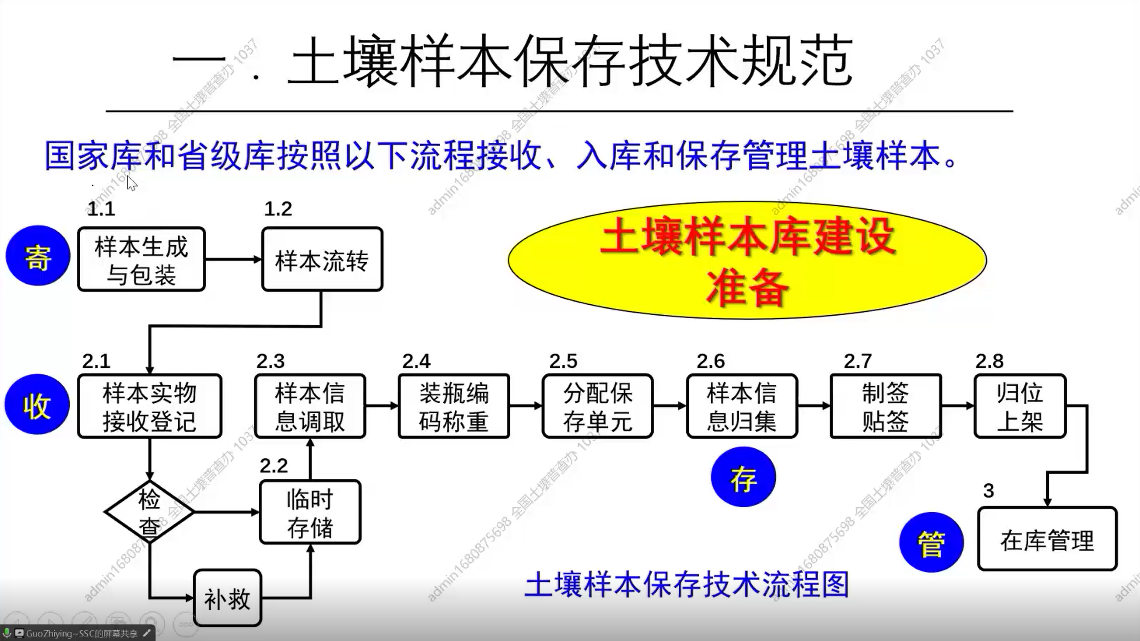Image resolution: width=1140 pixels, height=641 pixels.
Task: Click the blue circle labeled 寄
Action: [x=38, y=256]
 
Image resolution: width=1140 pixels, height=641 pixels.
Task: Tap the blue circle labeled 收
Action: [x=37, y=405]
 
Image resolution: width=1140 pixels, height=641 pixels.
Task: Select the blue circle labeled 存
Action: [x=743, y=477]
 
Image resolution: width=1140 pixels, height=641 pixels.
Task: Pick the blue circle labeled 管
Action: [x=931, y=542]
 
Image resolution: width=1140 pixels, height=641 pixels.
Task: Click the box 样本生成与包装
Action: [x=141, y=259]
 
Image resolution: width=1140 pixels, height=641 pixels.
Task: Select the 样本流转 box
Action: [x=322, y=260]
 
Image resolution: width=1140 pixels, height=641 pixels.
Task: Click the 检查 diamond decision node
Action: [x=150, y=512]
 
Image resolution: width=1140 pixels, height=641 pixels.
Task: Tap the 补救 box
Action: [x=227, y=598]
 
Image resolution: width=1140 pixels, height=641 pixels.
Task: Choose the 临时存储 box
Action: [x=310, y=512]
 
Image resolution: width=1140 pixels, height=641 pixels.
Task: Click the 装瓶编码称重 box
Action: [x=453, y=406]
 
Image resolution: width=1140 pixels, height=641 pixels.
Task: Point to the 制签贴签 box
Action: [x=885, y=406]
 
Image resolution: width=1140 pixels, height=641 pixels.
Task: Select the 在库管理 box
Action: [x=1047, y=539]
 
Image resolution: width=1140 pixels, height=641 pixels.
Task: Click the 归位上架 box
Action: [x=1020, y=406]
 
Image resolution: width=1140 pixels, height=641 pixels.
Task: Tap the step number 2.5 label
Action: [x=563, y=361]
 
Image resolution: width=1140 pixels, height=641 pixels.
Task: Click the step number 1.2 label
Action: [x=278, y=209]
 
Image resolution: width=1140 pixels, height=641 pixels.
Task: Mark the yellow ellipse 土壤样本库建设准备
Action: [x=747, y=260]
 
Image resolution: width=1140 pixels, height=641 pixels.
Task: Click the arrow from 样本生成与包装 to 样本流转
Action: [x=233, y=259]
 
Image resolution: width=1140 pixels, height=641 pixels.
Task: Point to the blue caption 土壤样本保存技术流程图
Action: [x=687, y=585]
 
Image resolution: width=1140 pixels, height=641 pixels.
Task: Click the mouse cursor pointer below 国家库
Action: [x=131, y=183]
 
